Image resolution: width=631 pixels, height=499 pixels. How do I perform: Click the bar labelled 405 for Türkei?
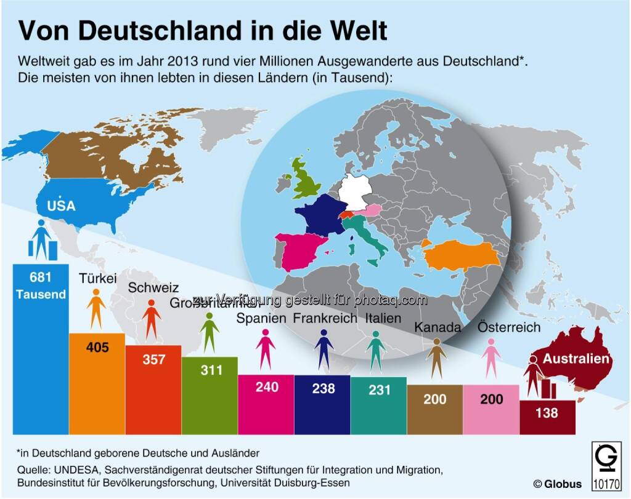[x=97, y=381]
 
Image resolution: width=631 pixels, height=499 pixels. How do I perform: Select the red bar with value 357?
[x=153, y=388]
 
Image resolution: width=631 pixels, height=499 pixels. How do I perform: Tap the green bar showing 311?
[x=210, y=394]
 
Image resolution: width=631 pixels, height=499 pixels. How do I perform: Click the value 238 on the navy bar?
[x=323, y=388]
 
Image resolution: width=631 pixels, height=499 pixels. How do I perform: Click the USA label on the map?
[x=62, y=206]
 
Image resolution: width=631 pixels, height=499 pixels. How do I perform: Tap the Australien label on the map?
[x=576, y=359]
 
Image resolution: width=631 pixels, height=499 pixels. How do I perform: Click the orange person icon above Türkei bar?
[x=97, y=310]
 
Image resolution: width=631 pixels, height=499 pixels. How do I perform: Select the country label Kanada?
[x=438, y=327]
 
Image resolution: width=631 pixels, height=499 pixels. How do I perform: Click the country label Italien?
[x=383, y=318]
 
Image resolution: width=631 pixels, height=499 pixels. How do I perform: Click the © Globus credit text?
[x=557, y=484]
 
